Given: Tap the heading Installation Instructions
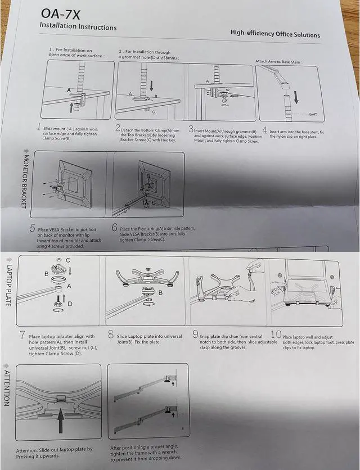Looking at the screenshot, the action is [x=78, y=26].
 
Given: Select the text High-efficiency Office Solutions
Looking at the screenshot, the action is [x=275, y=34].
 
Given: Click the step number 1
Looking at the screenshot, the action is [x=38, y=128].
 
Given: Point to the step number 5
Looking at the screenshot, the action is [x=33, y=228].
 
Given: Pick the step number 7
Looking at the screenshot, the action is [x=22, y=336].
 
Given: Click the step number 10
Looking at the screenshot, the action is [x=276, y=335].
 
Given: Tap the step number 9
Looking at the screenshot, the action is [x=195, y=335].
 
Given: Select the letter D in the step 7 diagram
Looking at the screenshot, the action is [x=69, y=304].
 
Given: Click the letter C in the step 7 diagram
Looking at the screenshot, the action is [x=68, y=260].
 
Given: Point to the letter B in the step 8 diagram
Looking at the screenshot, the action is [x=160, y=293].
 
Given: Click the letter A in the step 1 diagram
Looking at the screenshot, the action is [x=69, y=90].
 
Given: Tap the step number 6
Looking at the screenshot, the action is [x=115, y=228].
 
